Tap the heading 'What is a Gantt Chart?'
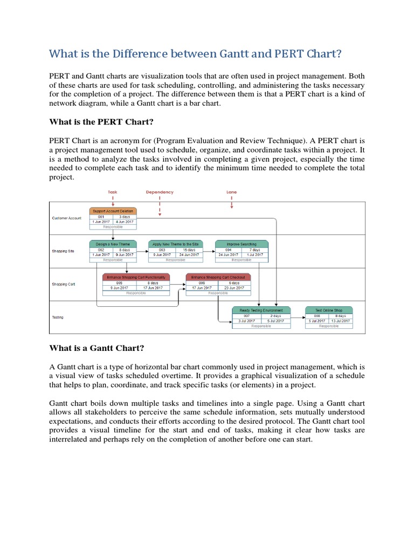click(96, 348)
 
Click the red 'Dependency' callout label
click(160, 192)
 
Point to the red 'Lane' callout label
click(231, 192)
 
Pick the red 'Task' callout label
click(113, 192)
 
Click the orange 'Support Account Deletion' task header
click(113, 211)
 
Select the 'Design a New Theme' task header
click(113, 244)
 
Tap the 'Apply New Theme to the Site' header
click(175, 244)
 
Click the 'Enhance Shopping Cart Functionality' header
click(136, 277)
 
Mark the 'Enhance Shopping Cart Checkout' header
click(214, 277)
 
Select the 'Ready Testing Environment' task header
click(261, 310)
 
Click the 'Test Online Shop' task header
click(328, 310)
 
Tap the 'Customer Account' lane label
click(67, 218)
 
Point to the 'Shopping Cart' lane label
click(64, 285)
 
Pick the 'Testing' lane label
click(58, 318)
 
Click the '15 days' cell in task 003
click(189, 250)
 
